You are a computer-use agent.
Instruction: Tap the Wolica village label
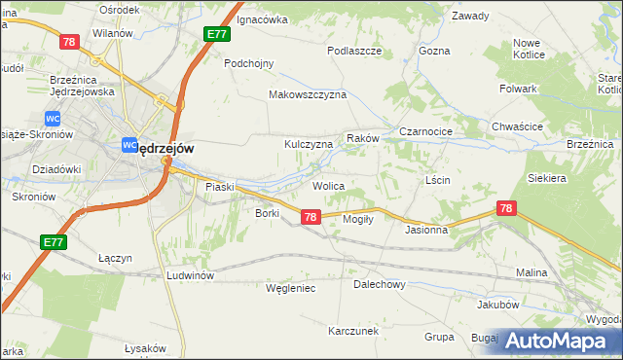tap(329, 185)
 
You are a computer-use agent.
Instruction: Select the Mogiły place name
tap(359, 219)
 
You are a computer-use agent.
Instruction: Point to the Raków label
tap(362, 139)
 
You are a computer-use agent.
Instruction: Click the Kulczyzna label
tap(309, 144)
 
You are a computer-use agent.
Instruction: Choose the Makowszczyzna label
tap(308, 95)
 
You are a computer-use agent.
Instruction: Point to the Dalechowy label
tap(379, 285)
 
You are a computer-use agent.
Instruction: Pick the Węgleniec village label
tap(291, 288)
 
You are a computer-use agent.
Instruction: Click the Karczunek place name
tap(353, 331)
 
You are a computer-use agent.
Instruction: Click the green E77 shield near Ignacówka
tap(217, 34)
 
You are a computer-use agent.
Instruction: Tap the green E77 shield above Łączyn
tap(55, 241)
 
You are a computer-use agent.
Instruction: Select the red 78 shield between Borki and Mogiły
tap(310, 218)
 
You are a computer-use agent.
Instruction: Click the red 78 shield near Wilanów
tap(69, 42)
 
